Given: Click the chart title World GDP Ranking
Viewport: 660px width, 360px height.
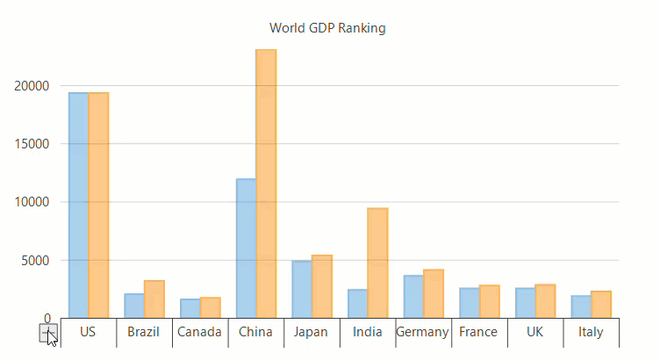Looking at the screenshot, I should point(327,28).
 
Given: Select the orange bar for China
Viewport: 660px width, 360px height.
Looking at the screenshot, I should point(266,184).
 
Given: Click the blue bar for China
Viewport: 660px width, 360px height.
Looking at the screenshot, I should point(246,248).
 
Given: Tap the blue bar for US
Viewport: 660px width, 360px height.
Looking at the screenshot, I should point(78,205).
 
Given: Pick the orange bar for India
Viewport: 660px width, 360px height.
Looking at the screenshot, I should point(377,263).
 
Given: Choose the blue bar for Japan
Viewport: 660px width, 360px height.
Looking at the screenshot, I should point(302,289).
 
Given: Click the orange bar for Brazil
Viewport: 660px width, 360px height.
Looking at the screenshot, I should point(154,299).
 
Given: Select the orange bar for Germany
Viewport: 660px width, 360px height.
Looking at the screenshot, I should point(434,293).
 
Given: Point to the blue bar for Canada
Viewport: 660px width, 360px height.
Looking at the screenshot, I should point(190,308).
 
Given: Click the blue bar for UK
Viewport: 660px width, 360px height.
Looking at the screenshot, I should point(525,303).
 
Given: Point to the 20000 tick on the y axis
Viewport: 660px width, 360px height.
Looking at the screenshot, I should point(32,86).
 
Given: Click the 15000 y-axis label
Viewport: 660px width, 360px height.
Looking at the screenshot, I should point(32,144).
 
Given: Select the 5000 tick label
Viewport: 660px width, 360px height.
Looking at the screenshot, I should point(36,261).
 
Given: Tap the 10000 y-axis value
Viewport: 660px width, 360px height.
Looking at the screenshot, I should point(32,202).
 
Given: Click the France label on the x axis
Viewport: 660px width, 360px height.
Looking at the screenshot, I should point(478,332).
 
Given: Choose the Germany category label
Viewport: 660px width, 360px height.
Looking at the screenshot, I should point(422,332).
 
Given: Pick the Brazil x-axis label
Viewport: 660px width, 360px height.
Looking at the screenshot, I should point(143,332).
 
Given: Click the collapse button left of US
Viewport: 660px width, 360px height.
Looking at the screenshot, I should point(49,332).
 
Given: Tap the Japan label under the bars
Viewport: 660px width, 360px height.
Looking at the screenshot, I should point(311,332).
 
